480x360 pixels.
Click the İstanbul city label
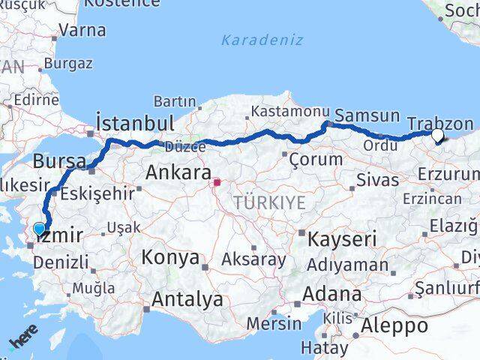pos(136,122)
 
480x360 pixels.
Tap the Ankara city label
pos(178,172)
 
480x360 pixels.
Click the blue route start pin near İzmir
pos(40,228)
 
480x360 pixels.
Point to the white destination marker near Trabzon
pos(437,135)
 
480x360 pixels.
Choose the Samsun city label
pos(367,115)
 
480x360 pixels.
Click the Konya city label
pos(170,259)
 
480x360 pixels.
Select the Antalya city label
pos(187,300)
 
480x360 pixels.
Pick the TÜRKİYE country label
pos(269,202)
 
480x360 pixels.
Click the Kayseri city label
pos(343,239)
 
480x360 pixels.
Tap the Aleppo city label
pos(394,326)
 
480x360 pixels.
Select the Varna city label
pos(82,31)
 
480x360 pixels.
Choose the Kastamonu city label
pos(280,111)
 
